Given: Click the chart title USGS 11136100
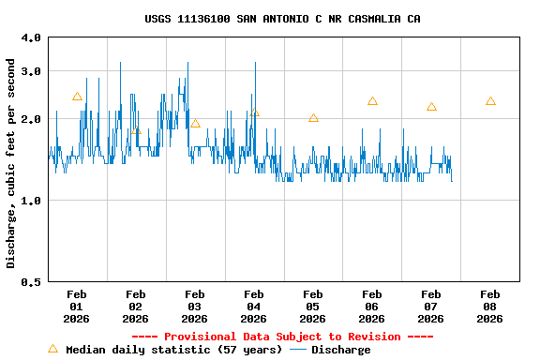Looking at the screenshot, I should pyautogui.click(x=282, y=19).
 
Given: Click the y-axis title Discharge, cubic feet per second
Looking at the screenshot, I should pyautogui.click(x=11, y=163).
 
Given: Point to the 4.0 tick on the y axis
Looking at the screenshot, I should pyautogui.click(x=31, y=37).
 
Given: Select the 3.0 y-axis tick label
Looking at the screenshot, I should pyautogui.click(x=31, y=71).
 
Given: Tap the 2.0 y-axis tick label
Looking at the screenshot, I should pyautogui.click(x=31, y=119).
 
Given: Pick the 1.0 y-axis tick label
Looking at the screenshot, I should pyautogui.click(x=31, y=201).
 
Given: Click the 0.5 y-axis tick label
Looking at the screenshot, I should pyautogui.click(x=31, y=281).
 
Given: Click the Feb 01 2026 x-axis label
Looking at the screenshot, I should pyautogui.click(x=77, y=307).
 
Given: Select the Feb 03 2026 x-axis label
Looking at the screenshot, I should pyautogui.click(x=195, y=307).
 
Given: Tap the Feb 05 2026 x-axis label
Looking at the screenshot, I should pyautogui.click(x=313, y=307).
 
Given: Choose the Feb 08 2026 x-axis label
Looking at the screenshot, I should pyautogui.click(x=489, y=307).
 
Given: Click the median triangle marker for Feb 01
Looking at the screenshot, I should pyautogui.click(x=77, y=97).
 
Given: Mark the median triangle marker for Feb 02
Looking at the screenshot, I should pyautogui.click(x=136, y=130).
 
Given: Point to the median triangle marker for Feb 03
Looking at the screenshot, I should pyautogui.click(x=195, y=123).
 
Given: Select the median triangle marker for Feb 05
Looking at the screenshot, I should pyautogui.click(x=313, y=118).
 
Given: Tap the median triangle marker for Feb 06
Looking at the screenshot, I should pyautogui.click(x=372, y=101).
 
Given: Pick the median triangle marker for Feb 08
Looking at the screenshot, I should pyautogui.click(x=490, y=101).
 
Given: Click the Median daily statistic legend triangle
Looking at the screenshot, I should pyautogui.click(x=52, y=349).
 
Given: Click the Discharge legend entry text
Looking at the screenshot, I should pyautogui.click(x=340, y=350).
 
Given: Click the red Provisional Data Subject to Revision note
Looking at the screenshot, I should pyautogui.click(x=282, y=337).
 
